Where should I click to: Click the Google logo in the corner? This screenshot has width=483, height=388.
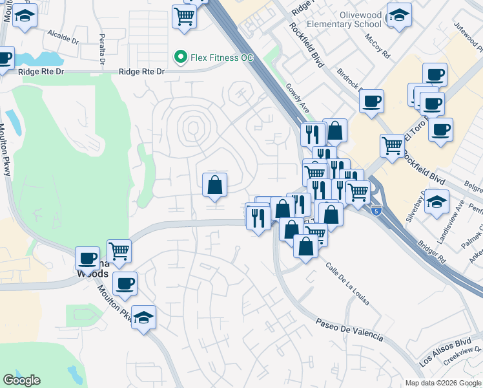pos(21,380)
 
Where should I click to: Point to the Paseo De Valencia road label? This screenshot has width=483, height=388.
pos(349,330)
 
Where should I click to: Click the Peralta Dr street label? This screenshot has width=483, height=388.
pos(102,49)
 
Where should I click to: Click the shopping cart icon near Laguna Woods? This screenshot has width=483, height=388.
pos(119,250)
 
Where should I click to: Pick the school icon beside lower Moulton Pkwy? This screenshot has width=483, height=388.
pos(144,318)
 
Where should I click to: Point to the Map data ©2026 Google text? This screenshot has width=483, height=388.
pos(443,383)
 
